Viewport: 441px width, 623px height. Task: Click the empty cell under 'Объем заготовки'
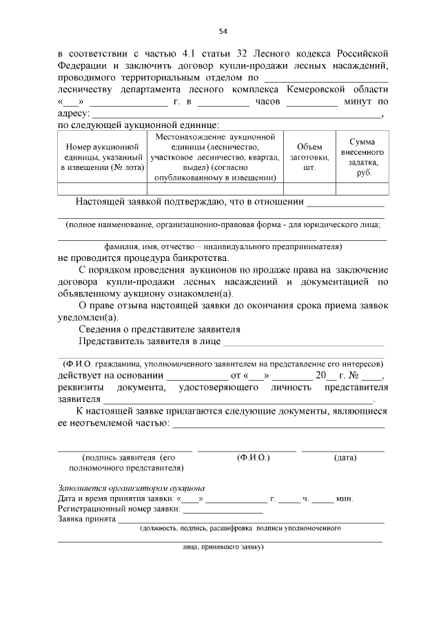[309, 189]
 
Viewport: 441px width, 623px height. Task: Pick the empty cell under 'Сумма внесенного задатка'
[362, 189]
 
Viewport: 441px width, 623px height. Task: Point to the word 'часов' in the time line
[267, 102]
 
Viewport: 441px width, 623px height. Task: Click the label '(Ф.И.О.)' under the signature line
[253, 457]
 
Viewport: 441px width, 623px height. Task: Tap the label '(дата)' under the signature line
[345, 457]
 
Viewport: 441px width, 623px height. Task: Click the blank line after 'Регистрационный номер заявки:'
[223, 510]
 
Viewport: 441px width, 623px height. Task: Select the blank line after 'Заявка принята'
[251, 521]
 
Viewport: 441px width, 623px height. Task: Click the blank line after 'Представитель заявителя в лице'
[304, 341]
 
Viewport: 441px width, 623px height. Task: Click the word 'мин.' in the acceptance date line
[345, 498]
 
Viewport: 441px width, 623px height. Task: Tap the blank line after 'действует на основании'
[197, 377]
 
